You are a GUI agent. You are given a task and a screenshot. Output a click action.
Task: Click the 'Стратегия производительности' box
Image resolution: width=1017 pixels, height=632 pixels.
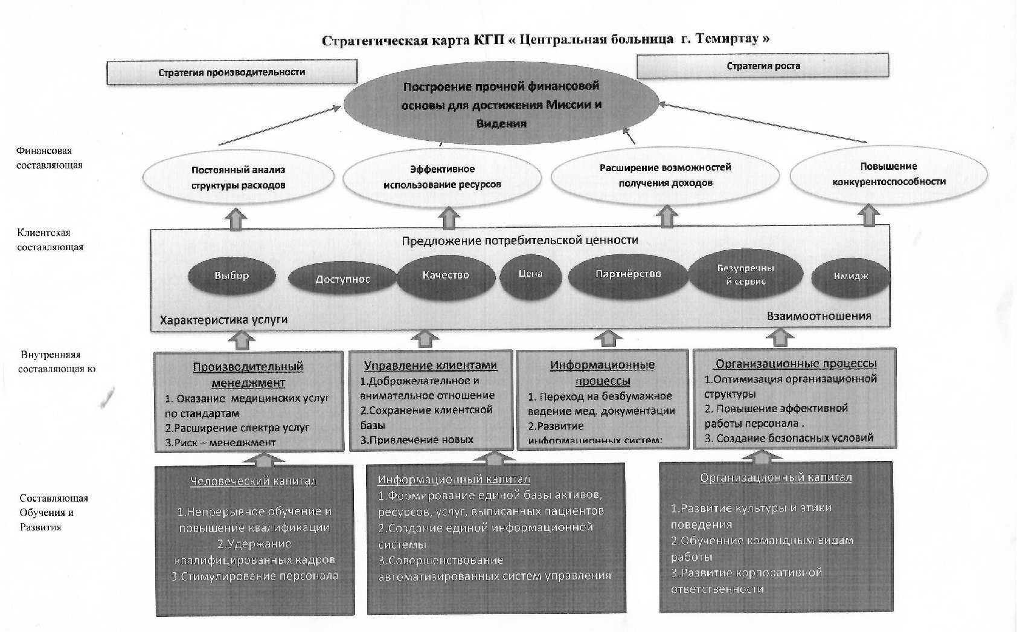[x=232, y=72]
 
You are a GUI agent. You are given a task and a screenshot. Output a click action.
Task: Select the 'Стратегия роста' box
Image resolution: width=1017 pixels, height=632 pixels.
[x=763, y=66]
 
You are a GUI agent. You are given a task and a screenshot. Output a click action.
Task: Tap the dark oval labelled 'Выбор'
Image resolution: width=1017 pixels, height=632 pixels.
[x=232, y=276]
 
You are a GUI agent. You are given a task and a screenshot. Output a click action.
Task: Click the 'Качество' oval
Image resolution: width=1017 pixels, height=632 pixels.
[x=446, y=276]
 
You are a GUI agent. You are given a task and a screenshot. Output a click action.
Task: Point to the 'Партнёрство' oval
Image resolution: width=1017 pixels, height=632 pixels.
[x=628, y=274]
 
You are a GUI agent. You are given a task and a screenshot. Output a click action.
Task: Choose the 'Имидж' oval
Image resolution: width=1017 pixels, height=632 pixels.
[x=851, y=277]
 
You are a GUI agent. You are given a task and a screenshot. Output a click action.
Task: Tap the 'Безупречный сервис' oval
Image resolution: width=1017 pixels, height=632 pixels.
[x=746, y=275]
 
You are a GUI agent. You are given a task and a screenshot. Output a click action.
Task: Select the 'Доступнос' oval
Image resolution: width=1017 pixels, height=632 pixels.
[x=342, y=279]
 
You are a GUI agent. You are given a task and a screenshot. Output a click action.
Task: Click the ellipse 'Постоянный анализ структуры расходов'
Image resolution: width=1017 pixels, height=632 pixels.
[x=238, y=178]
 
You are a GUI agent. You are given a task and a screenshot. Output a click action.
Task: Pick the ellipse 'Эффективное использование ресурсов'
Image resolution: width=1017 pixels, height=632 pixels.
[x=442, y=176]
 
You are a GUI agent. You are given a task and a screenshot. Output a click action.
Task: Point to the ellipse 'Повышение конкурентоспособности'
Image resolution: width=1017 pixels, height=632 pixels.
[x=888, y=174]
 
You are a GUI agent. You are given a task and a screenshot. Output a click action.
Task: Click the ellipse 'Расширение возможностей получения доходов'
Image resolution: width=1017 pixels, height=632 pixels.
[x=665, y=175]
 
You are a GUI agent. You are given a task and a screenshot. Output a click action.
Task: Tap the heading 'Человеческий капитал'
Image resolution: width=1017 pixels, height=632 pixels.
[x=254, y=481]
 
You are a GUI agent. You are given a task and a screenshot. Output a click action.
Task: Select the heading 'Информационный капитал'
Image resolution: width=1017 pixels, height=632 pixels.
[x=454, y=479]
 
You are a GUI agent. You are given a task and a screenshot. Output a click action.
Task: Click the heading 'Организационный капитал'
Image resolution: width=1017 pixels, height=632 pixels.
[x=776, y=477]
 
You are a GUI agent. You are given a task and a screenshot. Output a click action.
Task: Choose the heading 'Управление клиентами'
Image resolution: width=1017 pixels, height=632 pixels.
[x=431, y=365]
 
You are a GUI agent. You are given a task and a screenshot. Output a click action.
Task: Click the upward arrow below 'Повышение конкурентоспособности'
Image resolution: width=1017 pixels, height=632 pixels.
[x=868, y=216]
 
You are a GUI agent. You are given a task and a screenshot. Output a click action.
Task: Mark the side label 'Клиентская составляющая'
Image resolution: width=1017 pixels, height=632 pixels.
[x=50, y=240]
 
